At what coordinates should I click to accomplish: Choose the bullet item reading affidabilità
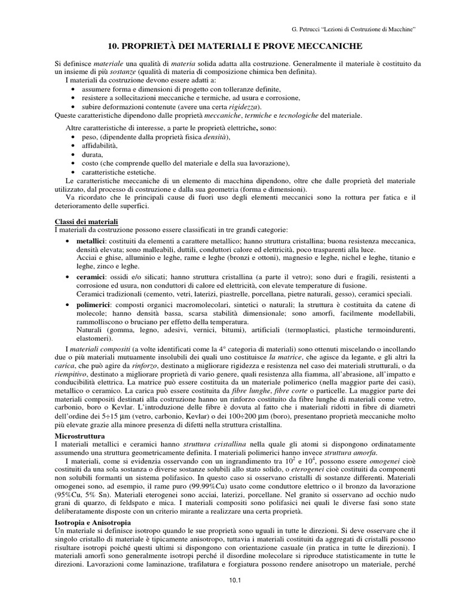click(94, 146)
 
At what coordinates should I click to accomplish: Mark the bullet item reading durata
click(87, 154)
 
